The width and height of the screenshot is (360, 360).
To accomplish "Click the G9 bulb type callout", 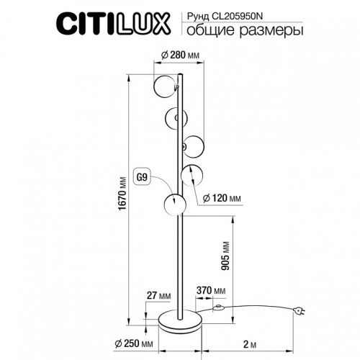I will pos(143,175).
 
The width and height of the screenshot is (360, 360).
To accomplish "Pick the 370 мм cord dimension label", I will pos(210,290).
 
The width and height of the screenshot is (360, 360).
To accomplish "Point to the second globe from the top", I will pos(176,116).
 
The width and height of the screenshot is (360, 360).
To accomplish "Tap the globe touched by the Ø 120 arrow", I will pos(192,175).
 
